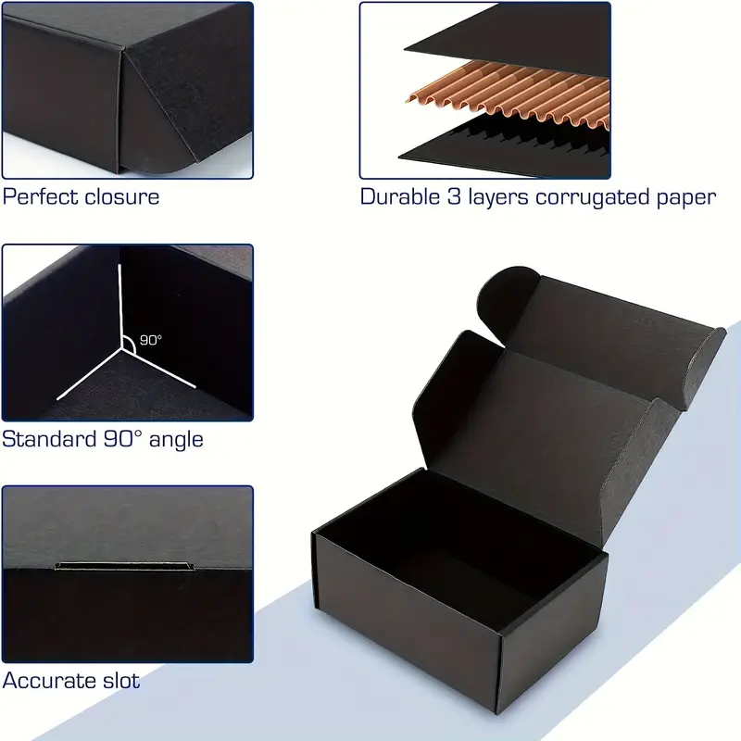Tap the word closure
click(x=119, y=196)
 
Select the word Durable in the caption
click(x=400, y=196)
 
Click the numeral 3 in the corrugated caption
click(x=454, y=196)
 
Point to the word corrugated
click(x=592, y=198)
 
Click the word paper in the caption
click(x=686, y=198)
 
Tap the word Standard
click(x=49, y=439)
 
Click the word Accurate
click(x=42, y=681)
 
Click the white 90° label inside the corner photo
click(x=151, y=340)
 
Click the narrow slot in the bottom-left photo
click(x=125, y=566)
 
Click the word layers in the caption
click(x=497, y=198)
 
